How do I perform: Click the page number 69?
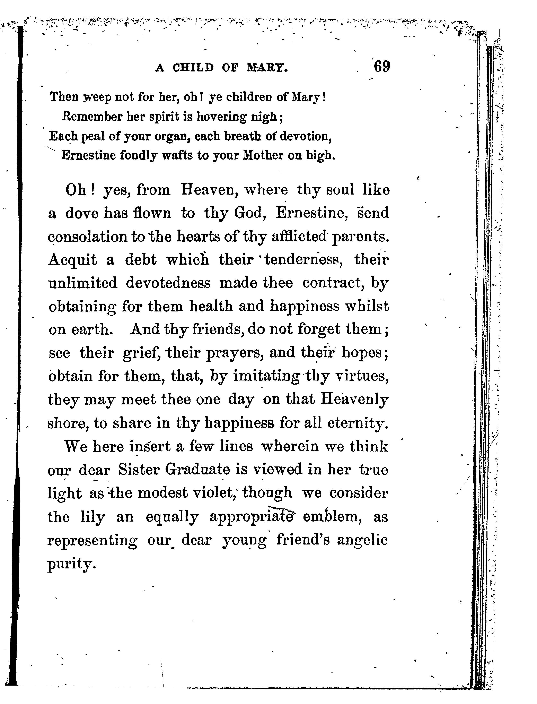click(382, 67)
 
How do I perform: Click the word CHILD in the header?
click(193, 68)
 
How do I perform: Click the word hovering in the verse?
click(221, 117)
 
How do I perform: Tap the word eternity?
click(358, 423)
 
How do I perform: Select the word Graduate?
click(197, 470)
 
